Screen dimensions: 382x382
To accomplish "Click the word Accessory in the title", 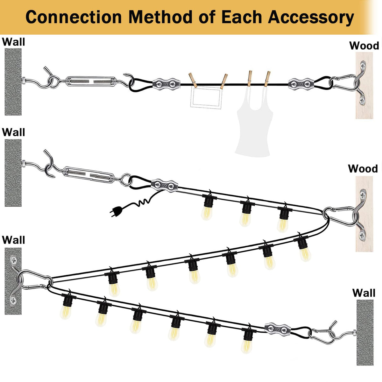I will click(x=311, y=17).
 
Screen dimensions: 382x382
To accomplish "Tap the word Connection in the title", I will click(x=74, y=17).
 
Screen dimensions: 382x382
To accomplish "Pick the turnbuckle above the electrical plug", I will click(x=89, y=175).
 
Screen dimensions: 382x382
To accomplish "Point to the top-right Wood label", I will click(x=364, y=46).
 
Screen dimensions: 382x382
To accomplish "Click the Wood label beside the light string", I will click(x=363, y=169).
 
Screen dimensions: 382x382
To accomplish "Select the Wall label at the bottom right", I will click(x=364, y=293).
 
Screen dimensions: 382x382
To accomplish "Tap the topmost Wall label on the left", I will click(x=13, y=42).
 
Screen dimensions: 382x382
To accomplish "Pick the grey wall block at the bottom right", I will click(x=365, y=332).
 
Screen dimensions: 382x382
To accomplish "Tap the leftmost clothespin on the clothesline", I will click(x=193, y=80).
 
